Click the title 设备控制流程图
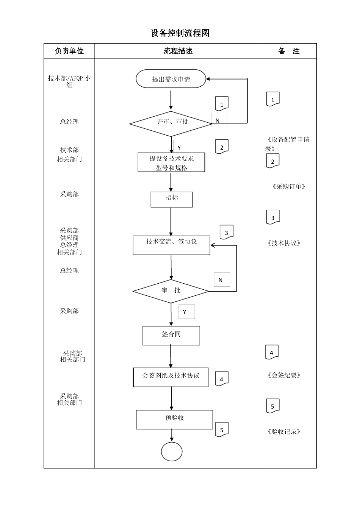pyautogui.click(x=180, y=33)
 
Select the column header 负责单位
pyautogui.click(x=69, y=51)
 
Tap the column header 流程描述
pyautogui.click(x=178, y=51)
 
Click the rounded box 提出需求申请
pyautogui.click(x=171, y=79)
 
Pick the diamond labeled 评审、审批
pyautogui.click(x=171, y=122)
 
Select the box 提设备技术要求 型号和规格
pyautogui.click(x=171, y=163)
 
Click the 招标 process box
pyautogui.click(x=171, y=199)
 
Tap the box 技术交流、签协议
pyautogui.click(x=171, y=245)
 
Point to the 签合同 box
pyautogui.click(x=171, y=336)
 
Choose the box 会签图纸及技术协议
pyautogui.click(x=171, y=377)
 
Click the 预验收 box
pyautogui.click(x=174, y=419)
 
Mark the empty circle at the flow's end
pyautogui.click(x=172, y=452)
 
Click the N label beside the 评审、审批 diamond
pyautogui.click(x=219, y=120)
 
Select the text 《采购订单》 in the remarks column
pyautogui.click(x=289, y=186)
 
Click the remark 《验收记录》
pyautogui.click(x=284, y=432)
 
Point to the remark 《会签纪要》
pyautogui.click(x=284, y=375)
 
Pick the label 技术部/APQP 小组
pyautogui.click(x=69, y=81)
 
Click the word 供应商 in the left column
pyautogui.click(x=69, y=237)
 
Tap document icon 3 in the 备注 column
pyautogui.click(x=273, y=217)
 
